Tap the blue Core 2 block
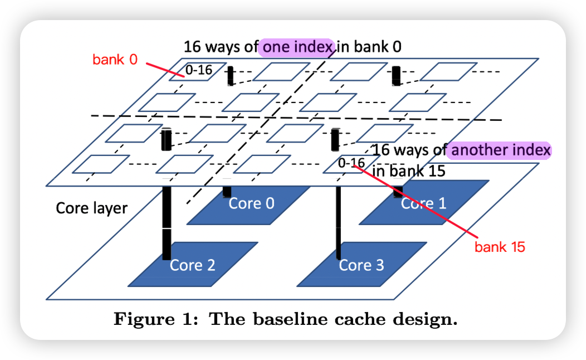(x=193, y=265)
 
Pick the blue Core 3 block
(x=362, y=265)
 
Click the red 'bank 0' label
(x=115, y=60)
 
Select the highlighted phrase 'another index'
(x=501, y=150)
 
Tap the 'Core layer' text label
(x=92, y=208)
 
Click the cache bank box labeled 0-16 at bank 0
(x=198, y=71)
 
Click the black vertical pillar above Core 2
(x=167, y=223)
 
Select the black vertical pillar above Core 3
(x=338, y=223)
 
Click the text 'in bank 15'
(x=409, y=171)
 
